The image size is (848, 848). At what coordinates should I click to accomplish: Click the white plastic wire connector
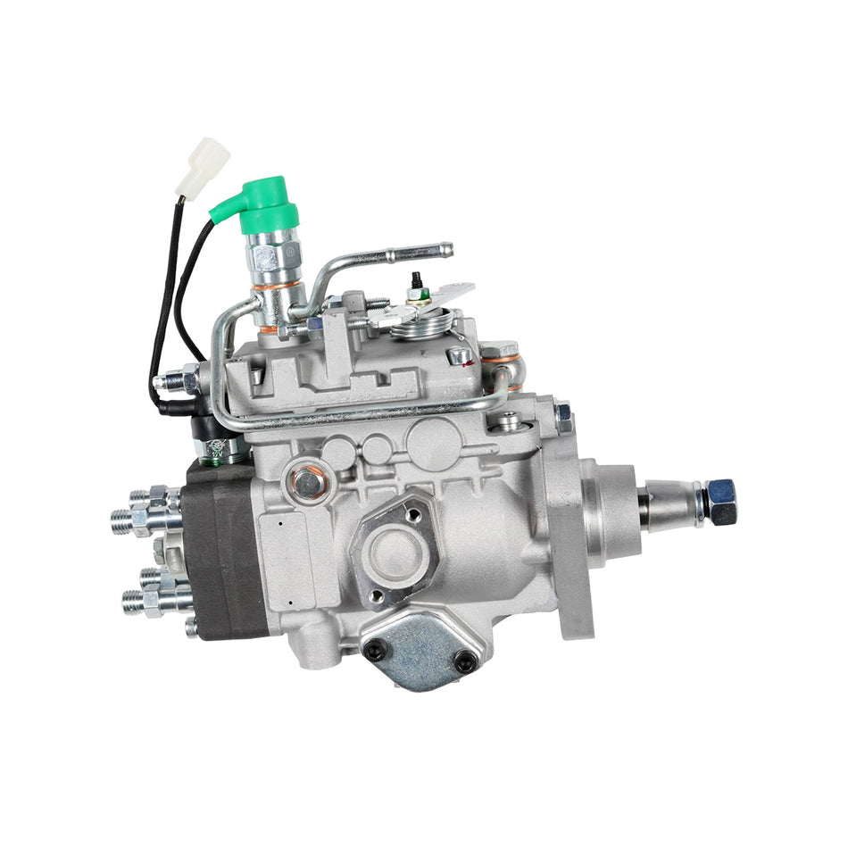201,164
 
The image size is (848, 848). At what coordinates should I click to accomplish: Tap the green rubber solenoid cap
261,204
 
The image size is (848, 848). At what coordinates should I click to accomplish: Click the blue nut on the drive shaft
720,502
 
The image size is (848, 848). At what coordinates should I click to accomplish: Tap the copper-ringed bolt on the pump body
308,483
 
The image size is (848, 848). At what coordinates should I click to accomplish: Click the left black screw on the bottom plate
376,651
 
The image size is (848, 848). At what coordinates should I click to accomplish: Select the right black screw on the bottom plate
464,661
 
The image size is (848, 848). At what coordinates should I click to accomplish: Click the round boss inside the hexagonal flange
393,550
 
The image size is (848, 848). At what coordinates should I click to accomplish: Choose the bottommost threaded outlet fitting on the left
147,603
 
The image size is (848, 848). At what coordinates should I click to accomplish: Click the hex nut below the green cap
270,259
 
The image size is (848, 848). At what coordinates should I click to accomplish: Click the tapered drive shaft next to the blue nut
671,504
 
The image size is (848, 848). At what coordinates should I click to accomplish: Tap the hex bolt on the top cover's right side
461,355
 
